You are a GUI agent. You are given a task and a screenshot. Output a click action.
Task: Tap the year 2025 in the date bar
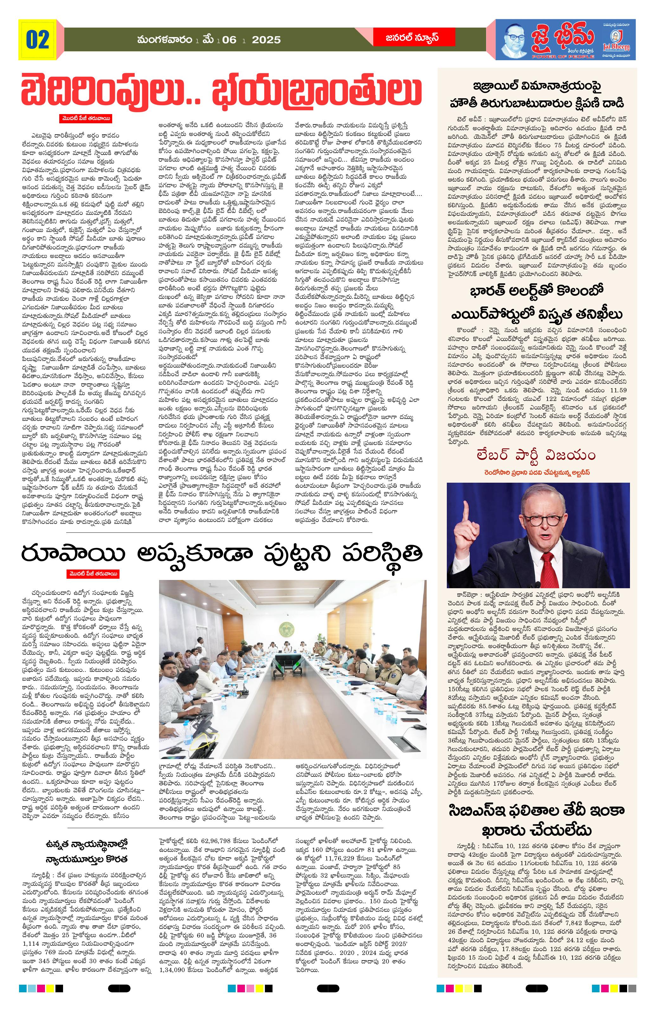[266, 40]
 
